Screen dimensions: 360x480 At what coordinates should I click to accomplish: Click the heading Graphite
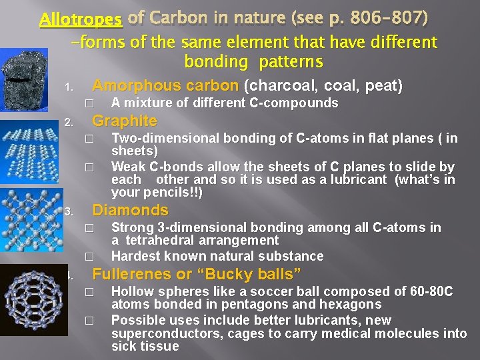pos(125,121)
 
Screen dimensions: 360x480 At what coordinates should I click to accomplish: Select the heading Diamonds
pos(130,211)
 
